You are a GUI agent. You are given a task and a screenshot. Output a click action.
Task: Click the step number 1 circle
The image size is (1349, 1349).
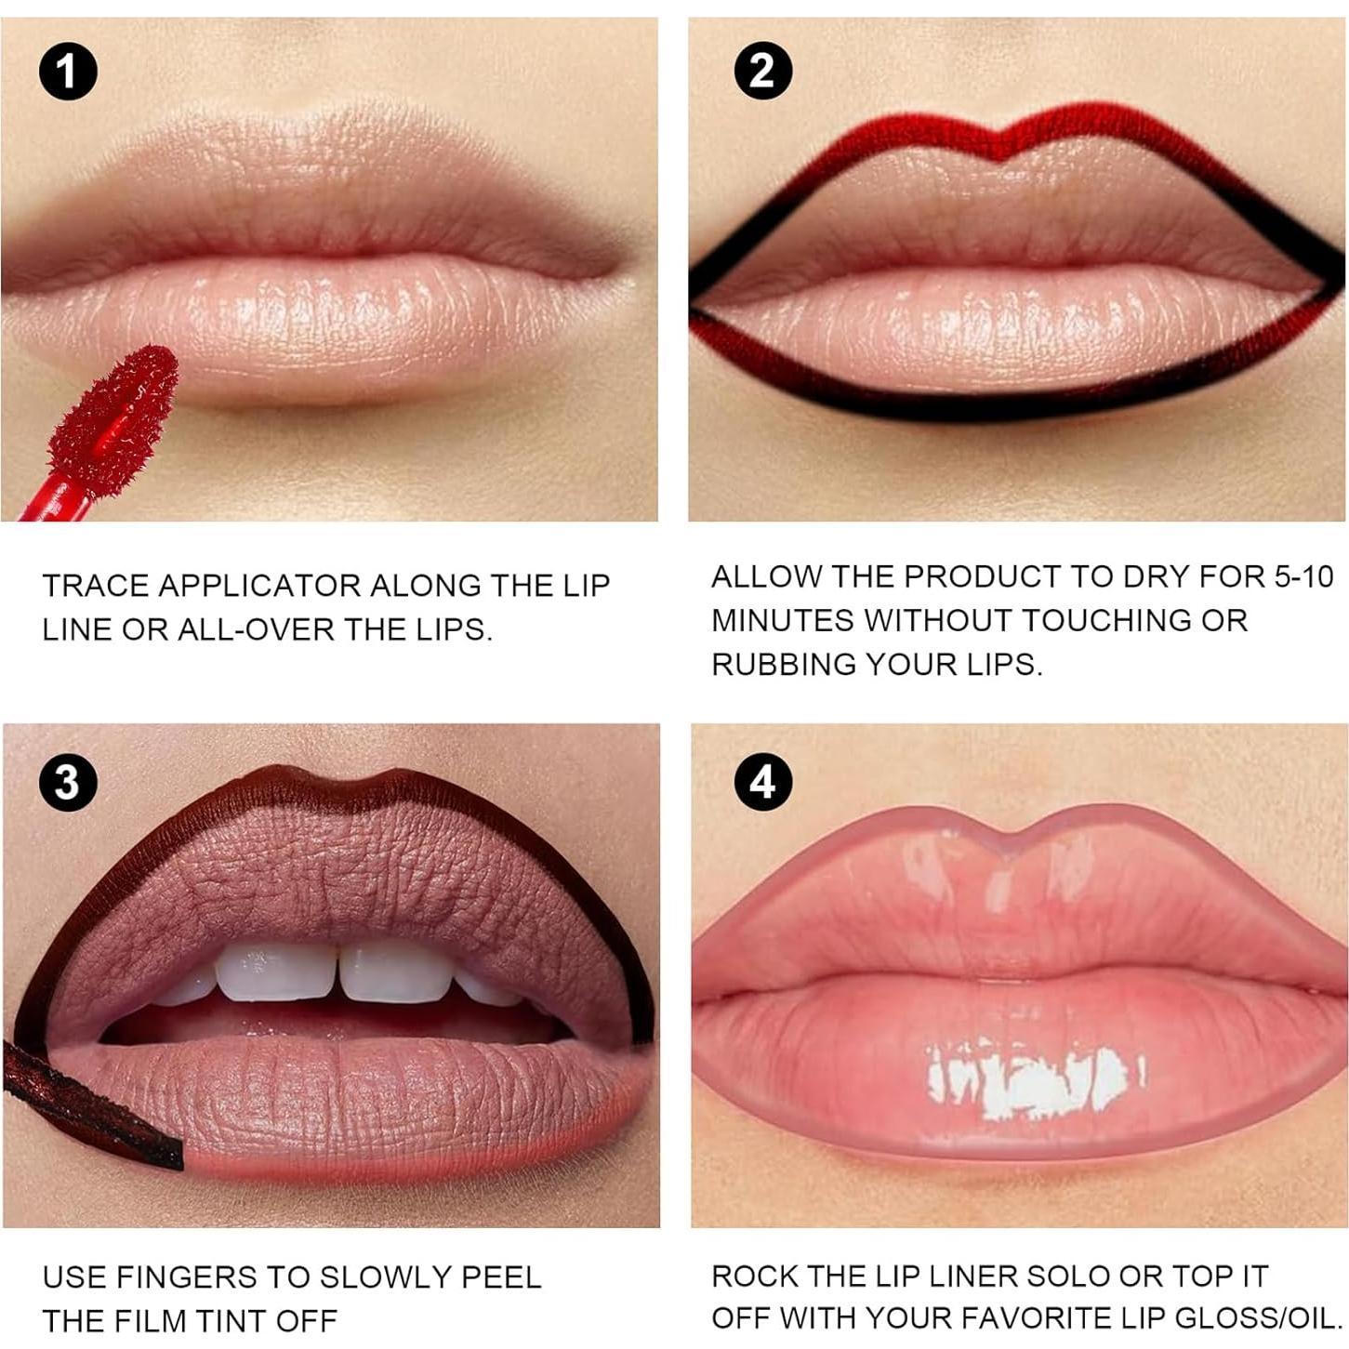click(68, 71)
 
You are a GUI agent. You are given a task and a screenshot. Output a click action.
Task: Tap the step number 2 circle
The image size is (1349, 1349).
click(762, 71)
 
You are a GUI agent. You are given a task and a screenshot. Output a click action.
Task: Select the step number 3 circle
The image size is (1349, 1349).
click(68, 782)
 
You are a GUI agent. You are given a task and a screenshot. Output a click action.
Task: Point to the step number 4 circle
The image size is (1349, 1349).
click(762, 782)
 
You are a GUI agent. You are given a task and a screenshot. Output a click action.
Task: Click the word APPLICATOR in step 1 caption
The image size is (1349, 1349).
click(260, 586)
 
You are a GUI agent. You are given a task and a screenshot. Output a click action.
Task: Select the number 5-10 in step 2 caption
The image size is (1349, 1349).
click(1303, 576)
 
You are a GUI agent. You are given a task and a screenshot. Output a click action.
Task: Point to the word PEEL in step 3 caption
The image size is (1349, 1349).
click(506, 1277)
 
